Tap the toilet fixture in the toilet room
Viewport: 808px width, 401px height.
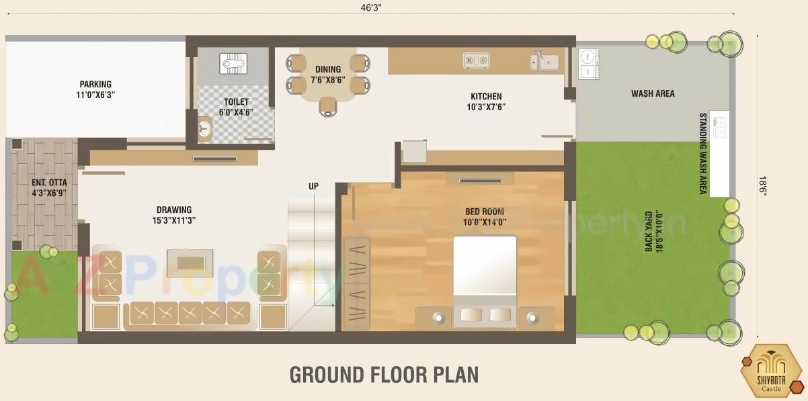233,64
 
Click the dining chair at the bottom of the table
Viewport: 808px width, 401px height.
327,106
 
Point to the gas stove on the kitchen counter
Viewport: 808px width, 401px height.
476,60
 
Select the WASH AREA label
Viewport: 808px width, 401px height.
652,93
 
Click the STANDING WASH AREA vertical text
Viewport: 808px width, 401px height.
703,153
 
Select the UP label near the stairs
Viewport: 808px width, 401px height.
313,186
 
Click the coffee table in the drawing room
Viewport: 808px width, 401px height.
190,263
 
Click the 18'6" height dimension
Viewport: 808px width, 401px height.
762,185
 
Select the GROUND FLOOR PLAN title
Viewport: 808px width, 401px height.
384,375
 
